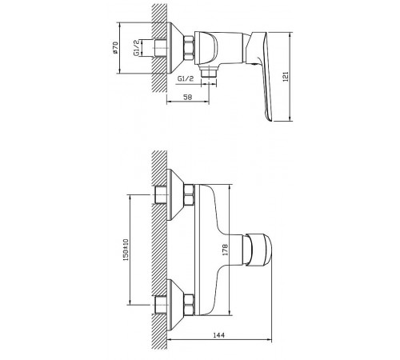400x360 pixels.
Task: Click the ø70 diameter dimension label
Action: coord(115,48)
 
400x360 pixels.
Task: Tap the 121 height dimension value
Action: coord(286,77)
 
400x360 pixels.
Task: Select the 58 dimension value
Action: coord(188,97)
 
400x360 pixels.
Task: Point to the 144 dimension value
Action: coord(219,334)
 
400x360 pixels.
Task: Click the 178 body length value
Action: coord(226,250)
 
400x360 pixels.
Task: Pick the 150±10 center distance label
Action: coord(126,250)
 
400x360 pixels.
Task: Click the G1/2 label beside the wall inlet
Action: coord(136,48)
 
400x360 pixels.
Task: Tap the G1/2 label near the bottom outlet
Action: coord(186,78)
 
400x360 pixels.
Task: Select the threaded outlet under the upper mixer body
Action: coord(209,71)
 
